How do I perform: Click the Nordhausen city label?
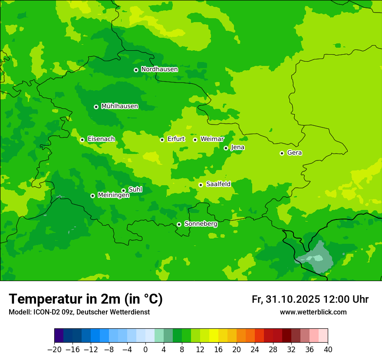pos(159,69)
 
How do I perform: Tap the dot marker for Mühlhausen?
pos(96,107)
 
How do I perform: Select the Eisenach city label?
pos(101,139)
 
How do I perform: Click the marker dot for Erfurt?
pos(162,140)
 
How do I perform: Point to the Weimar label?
pos(212,139)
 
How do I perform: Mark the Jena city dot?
pos(226,148)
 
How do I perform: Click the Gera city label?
pos(294,153)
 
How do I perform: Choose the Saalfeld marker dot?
pos(201,185)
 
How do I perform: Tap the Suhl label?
pos(135,190)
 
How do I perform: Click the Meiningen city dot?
pos(92,196)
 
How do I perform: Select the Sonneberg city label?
pos(201,224)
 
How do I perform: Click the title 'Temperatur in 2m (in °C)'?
pos(86,299)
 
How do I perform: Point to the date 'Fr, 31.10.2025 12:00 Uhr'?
pos(310,300)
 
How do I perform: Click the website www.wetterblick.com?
pos(313,312)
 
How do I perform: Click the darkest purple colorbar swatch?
pos(59,336)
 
